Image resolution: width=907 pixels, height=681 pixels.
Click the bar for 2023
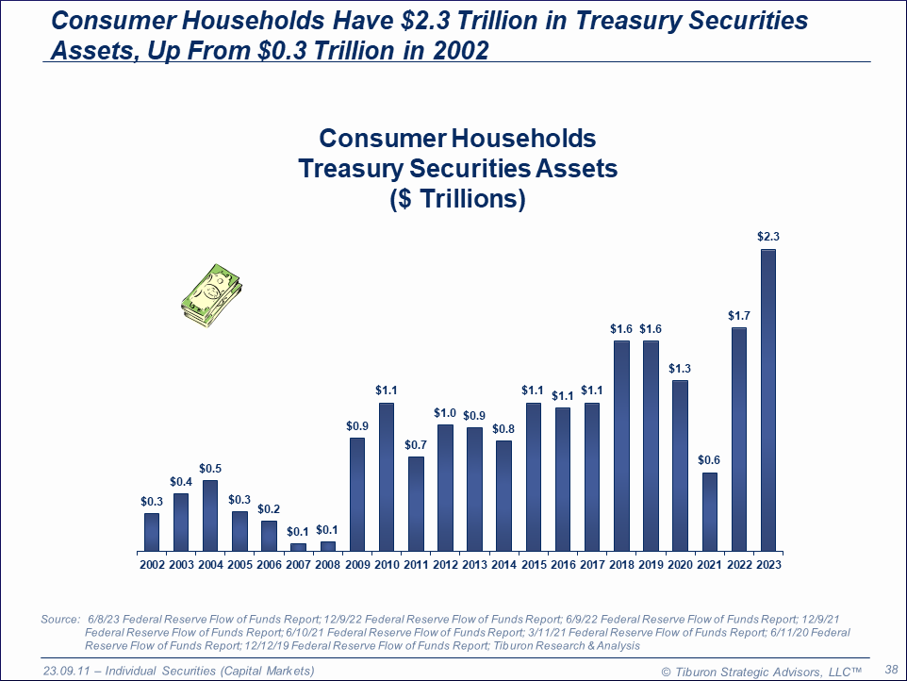(x=768, y=400)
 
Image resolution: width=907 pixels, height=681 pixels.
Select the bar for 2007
(x=299, y=547)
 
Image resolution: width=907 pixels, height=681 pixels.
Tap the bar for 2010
(x=387, y=476)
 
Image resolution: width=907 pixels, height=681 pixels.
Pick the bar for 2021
(x=710, y=511)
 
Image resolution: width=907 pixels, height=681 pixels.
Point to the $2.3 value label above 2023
(x=768, y=238)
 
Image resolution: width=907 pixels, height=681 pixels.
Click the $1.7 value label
(x=739, y=316)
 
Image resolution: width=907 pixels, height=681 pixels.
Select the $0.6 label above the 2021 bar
(x=710, y=461)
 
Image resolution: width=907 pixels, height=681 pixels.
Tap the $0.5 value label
(x=211, y=469)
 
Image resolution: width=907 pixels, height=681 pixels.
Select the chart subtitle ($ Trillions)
(x=457, y=200)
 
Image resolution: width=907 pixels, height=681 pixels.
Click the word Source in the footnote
(x=60, y=619)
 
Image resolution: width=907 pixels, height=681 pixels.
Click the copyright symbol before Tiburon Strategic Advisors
(x=666, y=671)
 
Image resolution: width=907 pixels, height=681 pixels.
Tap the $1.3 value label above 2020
(x=681, y=369)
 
